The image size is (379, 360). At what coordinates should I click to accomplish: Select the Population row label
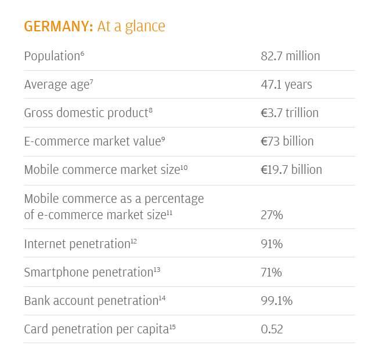point(51,56)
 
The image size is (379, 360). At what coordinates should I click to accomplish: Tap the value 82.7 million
point(290,56)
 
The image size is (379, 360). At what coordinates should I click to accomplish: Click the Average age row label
point(56,85)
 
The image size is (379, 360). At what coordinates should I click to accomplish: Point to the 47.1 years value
point(286,85)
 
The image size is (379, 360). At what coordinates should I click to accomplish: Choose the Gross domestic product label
point(86,113)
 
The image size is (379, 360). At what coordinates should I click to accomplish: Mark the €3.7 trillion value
point(290,113)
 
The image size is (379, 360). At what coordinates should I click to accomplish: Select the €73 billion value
point(287,141)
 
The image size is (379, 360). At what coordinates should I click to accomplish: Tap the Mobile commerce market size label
point(102,170)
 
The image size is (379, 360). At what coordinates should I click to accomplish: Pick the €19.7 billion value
point(291,170)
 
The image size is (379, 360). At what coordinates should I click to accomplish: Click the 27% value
point(272,215)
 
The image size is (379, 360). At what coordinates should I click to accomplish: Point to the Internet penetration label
point(77,243)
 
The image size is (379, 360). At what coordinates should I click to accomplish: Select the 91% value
point(272,243)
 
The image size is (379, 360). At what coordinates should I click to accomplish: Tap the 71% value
point(272,272)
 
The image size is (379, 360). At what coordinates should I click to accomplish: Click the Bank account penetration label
point(91,300)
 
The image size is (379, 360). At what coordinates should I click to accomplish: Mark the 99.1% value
point(276,300)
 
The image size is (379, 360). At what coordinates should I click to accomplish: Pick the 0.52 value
point(272,329)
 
